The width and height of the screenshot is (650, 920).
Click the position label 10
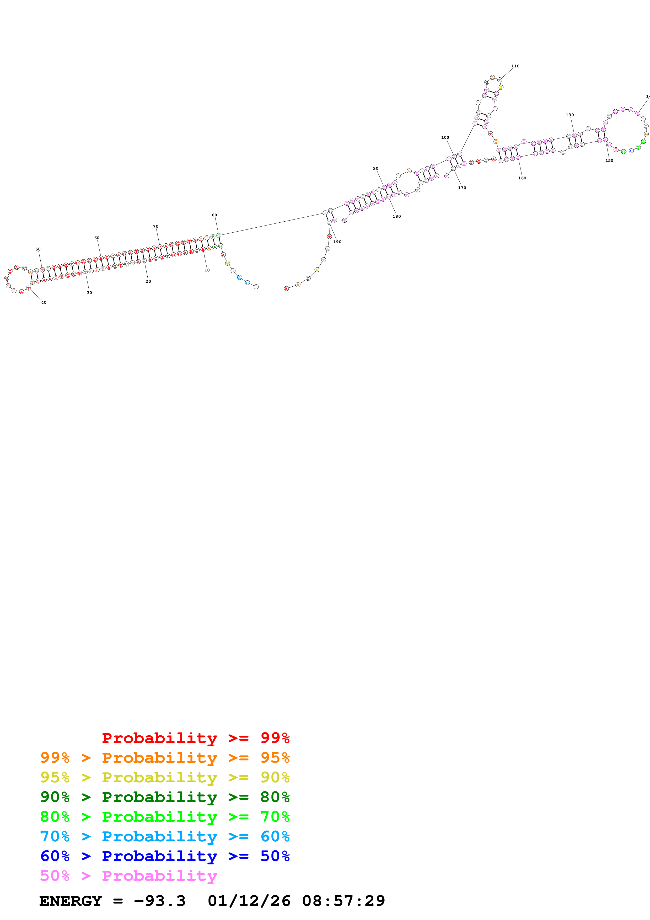click(207, 270)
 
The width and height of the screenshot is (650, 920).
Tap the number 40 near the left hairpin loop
click(44, 303)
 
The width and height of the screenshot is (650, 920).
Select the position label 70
click(156, 226)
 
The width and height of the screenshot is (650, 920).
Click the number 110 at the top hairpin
click(515, 66)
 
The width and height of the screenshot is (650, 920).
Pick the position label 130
click(570, 115)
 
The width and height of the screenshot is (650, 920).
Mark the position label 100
click(445, 137)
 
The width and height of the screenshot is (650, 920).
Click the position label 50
click(38, 249)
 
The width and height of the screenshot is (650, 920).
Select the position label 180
click(396, 216)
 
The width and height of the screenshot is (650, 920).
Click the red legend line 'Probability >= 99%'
click(195, 738)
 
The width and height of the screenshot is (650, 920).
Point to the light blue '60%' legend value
click(275, 836)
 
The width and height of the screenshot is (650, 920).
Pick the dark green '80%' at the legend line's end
click(275, 797)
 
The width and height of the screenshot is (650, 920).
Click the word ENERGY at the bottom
click(71, 901)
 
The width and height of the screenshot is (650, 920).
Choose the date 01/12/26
click(249, 901)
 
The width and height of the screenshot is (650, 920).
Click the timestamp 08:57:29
click(344, 901)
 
